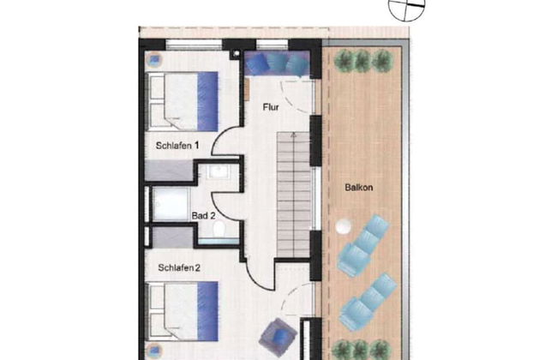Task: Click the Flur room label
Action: (x=271, y=107)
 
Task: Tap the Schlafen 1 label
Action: (x=177, y=146)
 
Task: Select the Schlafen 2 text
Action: (x=179, y=267)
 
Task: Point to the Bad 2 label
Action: (x=203, y=215)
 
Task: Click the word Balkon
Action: (x=359, y=187)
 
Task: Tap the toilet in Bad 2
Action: (x=219, y=228)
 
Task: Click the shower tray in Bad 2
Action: (x=171, y=204)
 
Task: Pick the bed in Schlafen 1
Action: (x=183, y=102)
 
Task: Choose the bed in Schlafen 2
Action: (x=183, y=312)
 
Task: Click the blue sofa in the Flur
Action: (x=277, y=63)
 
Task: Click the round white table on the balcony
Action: (x=344, y=226)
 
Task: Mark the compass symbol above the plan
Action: (x=407, y=8)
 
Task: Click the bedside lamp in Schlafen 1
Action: (x=154, y=59)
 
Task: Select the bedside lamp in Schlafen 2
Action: (x=154, y=351)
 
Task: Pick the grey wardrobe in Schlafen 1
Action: (x=169, y=170)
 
